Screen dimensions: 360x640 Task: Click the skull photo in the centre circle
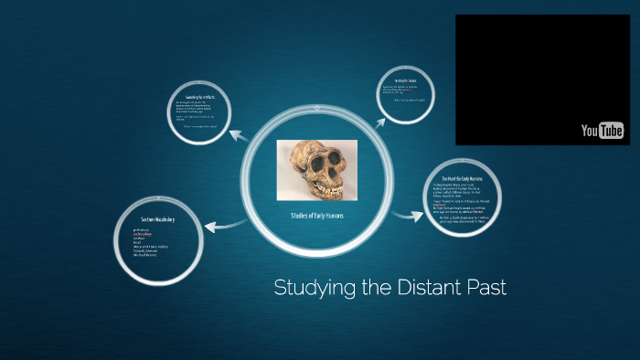click(x=316, y=169)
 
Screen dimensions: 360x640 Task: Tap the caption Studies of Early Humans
click(x=316, y=216)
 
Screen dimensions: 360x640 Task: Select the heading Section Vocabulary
click(x=157, y=220)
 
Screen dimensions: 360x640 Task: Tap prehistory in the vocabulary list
click(x=143, y=230)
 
